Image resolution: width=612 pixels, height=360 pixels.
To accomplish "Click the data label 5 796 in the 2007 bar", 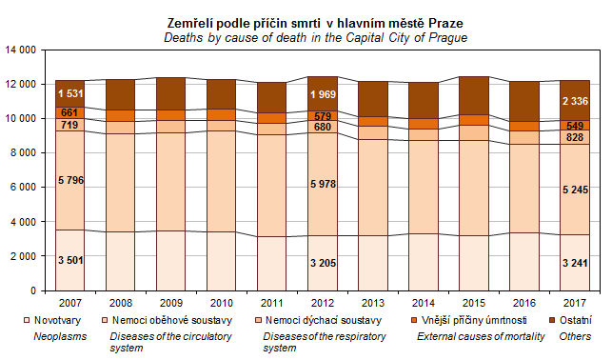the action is click(70, 180).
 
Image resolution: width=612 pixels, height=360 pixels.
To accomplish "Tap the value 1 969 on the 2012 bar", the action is click(323, 94).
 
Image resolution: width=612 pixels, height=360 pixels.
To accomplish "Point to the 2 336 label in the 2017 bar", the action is click(575, 101).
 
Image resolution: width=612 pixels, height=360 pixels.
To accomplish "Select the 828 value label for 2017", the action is click(575, 137).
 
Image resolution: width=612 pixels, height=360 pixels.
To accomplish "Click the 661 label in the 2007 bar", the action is click(69, 112).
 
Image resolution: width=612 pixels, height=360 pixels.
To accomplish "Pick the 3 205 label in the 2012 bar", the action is click(323, 263).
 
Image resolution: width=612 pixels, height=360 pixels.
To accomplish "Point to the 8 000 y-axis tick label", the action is click(23, 153).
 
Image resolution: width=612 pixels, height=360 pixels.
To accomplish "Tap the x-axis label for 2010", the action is click(222, 303).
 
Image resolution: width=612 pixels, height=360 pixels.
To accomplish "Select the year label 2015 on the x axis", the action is click(474, 303).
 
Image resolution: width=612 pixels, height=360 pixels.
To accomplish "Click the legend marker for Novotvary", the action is click(27, 321).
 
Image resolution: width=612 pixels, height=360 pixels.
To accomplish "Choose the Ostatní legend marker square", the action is click(552, 321).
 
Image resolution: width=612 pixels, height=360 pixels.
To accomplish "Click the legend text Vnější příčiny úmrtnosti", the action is click(474, 321).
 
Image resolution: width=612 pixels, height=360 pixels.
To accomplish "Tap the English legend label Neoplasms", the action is click(60, 336).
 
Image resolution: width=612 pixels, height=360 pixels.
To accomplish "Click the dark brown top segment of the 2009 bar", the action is click(171, 93).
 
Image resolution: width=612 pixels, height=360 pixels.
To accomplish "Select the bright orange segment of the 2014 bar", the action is click(424, 124).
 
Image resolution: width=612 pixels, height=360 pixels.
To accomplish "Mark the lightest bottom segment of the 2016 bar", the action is click(524, 262).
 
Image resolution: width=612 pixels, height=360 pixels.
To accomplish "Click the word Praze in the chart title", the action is click(445, 24).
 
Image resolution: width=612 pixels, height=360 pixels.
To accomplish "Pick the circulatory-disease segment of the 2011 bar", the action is click(271, 186).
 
